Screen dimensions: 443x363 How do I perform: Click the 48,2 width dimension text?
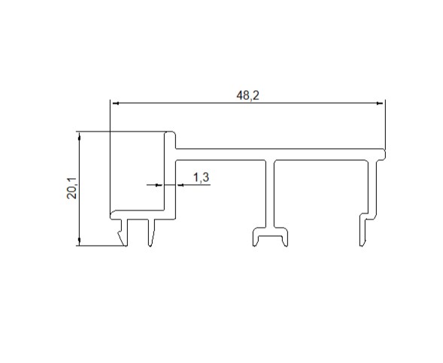click(x=247, y=95)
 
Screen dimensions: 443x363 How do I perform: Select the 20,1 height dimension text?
click(x=71, y=189)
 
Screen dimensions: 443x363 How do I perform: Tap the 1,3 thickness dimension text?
click(x=201, y=177)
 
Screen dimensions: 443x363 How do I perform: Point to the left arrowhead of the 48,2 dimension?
click(x=116, y=103)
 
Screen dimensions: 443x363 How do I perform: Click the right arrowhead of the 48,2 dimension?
click(x=380, y=103)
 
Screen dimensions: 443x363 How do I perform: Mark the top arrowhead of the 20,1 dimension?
click(x=80, y=137)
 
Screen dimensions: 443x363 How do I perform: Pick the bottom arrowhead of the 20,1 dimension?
click(x=80, y=240)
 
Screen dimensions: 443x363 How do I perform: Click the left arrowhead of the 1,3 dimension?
click(x=159, y=185)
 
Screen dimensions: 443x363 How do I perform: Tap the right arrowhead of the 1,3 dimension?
click(x=181, y=185)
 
